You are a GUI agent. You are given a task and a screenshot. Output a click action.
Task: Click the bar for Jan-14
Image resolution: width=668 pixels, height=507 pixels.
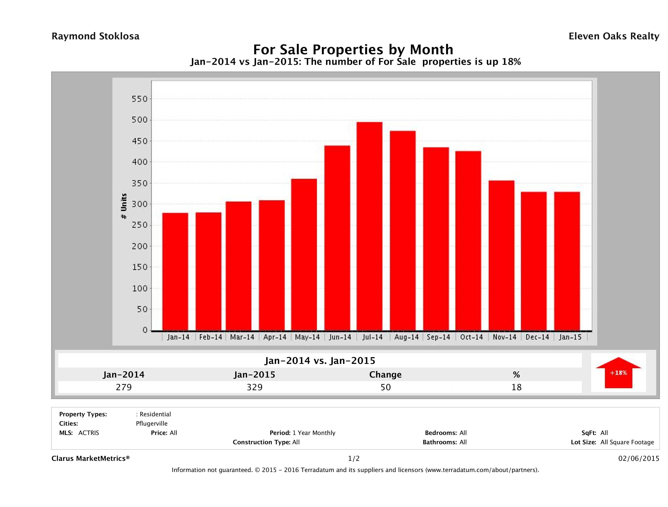(x=175, y=272)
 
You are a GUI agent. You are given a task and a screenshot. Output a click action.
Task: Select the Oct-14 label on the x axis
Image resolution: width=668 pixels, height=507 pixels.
(x=471, y=337)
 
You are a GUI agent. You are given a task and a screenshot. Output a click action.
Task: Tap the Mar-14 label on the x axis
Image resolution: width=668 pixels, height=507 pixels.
(x=242, y=337)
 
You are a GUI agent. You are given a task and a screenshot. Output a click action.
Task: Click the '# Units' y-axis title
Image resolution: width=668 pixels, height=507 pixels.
(x=124, y=206)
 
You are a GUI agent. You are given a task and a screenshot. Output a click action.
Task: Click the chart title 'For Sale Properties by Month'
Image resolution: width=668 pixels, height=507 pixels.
(x=353, y=49)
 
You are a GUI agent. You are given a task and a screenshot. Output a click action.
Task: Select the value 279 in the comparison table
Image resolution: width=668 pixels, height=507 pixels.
(x=124, y=387)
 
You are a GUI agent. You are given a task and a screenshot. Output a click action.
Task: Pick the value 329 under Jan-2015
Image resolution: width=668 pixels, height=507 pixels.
(x=255, y=387)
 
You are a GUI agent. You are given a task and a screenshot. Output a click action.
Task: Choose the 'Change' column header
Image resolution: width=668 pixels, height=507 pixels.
(x=385, y=375)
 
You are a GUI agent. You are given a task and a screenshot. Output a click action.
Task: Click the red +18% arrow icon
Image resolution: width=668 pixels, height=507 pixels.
(x=618, y=373)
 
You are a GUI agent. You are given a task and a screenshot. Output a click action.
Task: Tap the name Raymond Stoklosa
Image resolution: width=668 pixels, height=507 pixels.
(x=95, y=36)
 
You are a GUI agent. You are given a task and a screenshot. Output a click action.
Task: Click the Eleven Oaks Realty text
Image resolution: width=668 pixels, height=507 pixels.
(x=614, y=36)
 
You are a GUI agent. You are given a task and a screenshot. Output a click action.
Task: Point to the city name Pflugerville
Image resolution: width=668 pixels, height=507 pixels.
(x=152, y=424)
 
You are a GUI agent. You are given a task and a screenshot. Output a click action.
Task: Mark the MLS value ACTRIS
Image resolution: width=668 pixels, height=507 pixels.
(x=88, y=433)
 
